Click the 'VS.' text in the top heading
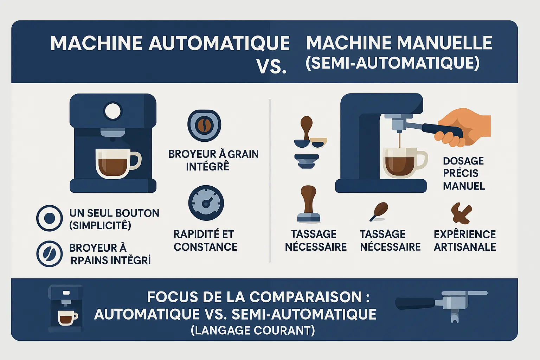coord(271,66)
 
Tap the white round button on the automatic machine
coord(113,111)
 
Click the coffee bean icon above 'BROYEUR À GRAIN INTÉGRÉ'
coord(204,126)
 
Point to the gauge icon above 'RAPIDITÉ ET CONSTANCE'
coord(206,203)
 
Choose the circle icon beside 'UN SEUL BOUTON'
coord(50,218)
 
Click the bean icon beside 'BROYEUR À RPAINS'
coord(50,253)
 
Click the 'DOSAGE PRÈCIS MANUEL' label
coord(464,173)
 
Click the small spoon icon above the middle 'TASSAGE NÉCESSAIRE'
coord(379,211)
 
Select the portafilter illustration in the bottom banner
coord(442,304)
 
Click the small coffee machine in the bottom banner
coord(65,309)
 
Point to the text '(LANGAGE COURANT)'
coord(252,330)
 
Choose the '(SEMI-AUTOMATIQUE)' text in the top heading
coord(392,63)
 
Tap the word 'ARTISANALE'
coord(464,247)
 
